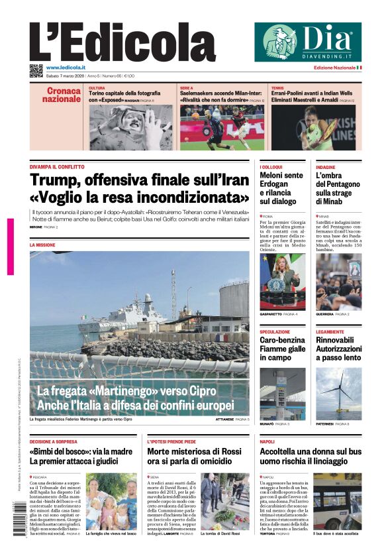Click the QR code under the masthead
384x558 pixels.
(x=36, y=70)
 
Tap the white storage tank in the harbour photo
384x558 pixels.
(x=234, y=300)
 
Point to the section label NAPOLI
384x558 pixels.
(x=267, y=441)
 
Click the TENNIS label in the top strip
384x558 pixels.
(x=278, y=87)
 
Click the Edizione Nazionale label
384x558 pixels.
(x=335, y=68)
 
